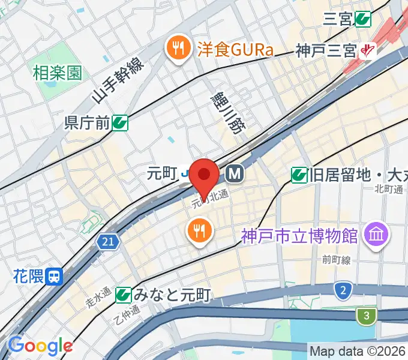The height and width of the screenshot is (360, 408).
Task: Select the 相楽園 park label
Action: coord(57,74)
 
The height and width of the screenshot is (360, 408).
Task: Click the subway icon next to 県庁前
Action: coord(120,123)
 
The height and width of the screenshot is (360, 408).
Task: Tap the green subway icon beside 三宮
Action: coord(362,20)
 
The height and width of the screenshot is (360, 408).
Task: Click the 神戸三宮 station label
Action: coord(326,52)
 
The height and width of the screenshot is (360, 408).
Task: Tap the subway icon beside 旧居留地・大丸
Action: coord(298,175)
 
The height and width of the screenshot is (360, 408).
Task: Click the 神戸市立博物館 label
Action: coord(300,235)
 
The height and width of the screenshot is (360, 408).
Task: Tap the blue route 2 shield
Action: coord(343,292)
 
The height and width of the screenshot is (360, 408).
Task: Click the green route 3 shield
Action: coord(365,315)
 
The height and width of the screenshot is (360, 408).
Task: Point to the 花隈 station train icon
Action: coord(55,277)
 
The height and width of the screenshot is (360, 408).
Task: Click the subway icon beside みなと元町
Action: coord(124,295)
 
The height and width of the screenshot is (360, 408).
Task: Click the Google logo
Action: coord(40,346)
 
